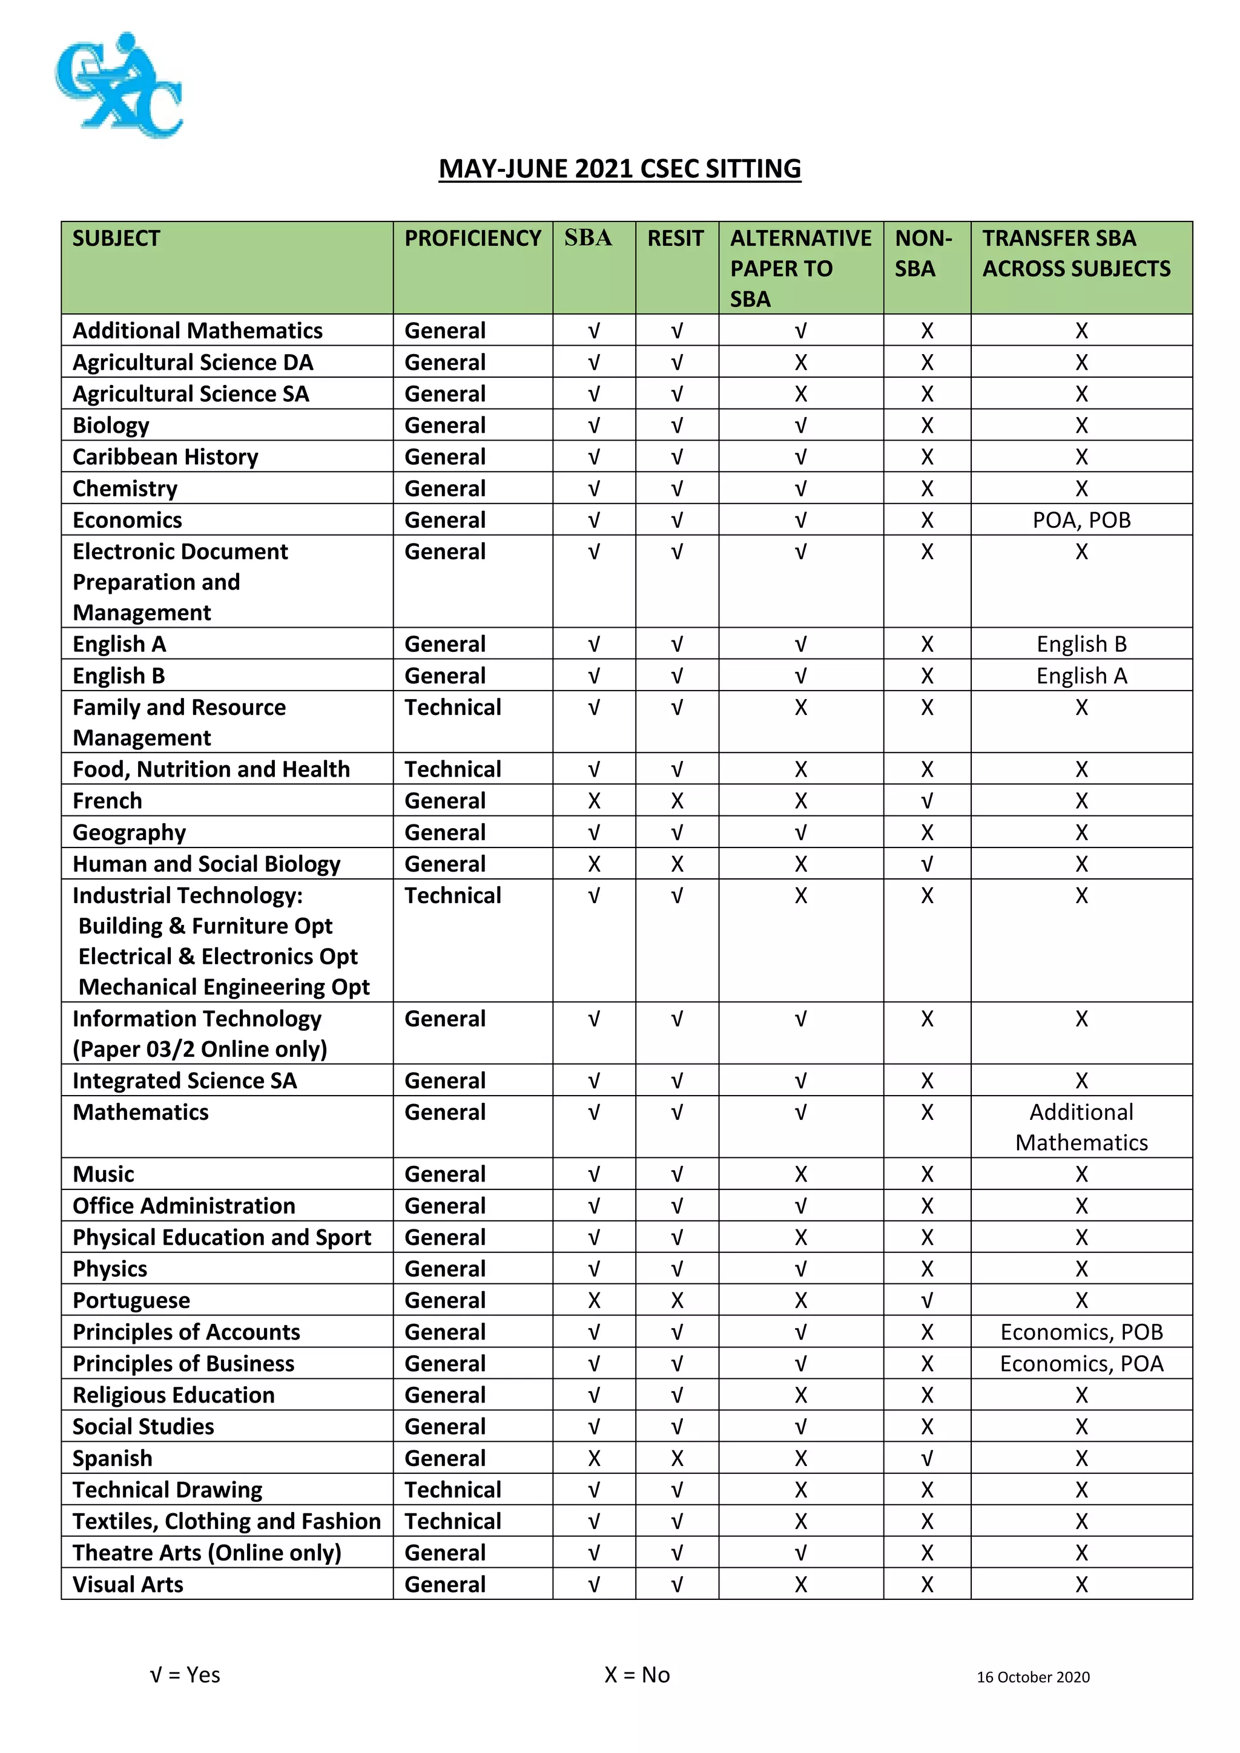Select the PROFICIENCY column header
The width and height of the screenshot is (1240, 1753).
[473, 238]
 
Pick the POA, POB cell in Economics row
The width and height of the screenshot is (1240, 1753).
[1081, 520]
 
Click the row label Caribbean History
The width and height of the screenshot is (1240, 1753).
[166, 456]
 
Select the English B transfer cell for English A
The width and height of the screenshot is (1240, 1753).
[1081, 643]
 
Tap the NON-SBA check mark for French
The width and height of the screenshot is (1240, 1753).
[926, 800]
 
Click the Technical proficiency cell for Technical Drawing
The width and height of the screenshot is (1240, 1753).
[453, 1489]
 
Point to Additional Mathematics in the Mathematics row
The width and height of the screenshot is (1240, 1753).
[1081, 1127]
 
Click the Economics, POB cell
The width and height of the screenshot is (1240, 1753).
[1081, 1332]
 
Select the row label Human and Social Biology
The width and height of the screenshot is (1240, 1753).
[206, 864]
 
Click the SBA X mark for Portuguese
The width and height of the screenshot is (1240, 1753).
[594, 1300]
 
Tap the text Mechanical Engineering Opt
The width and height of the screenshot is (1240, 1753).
[223, 987]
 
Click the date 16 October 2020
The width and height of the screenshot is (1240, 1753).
[1033, 1677]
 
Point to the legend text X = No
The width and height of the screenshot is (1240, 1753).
[637, 1674]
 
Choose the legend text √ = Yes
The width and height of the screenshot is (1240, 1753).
[185, 1674]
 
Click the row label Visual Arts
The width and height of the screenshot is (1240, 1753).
[128, 1584]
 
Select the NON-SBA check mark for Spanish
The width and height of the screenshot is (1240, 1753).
[926, 1458]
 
